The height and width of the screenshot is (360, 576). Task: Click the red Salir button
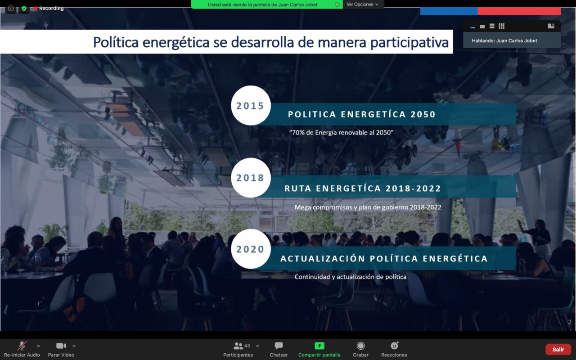coord(558,350)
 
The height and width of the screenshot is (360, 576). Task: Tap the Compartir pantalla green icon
coord(319,346)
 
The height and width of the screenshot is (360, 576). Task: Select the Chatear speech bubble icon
coord(279,346)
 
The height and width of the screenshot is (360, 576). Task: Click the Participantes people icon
coord(238,346)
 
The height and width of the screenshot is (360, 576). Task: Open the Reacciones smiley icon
coord(395,346)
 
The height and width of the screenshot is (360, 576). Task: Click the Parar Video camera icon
coord(61,346)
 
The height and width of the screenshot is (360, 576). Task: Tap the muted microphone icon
coord(22,346)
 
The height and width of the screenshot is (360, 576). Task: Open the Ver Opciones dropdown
coord(363,4)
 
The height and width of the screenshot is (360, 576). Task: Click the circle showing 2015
coord(251,105)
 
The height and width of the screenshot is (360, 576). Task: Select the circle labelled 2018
coord(251,178)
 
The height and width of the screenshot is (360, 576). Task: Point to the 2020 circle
coord(251,249)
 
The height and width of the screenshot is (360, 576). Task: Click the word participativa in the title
coord(409,43)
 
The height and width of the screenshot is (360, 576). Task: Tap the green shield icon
coord(24,9)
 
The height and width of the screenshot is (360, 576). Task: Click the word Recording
coord(51,9)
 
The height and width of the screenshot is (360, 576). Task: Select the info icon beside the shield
coord(11,9)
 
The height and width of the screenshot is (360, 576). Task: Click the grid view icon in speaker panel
coord(501,26)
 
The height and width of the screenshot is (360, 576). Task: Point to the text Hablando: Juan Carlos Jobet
coord(504,40)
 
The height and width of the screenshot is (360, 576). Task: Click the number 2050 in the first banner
coord(423,114)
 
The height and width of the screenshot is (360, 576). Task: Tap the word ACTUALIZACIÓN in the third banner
coord(323,258)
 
